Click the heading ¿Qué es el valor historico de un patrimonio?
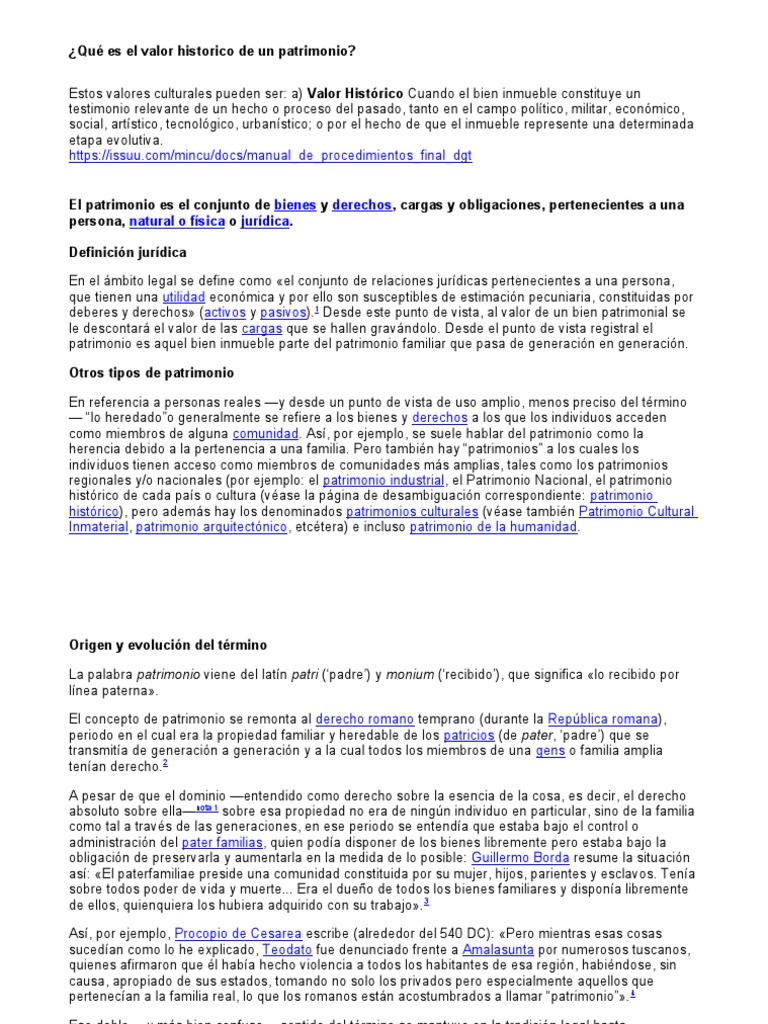pos(212,51)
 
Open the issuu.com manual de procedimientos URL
pos(270,156)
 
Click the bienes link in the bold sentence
pos(295,205)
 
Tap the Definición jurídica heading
pos(127,252)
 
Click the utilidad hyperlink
pos(184,297)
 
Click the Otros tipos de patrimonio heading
pos(151,373)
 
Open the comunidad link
pos(266,434)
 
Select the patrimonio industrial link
pos(369,480)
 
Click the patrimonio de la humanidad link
pos(494,527)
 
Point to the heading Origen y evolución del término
pos(168,645)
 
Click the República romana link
pos(604,719)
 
